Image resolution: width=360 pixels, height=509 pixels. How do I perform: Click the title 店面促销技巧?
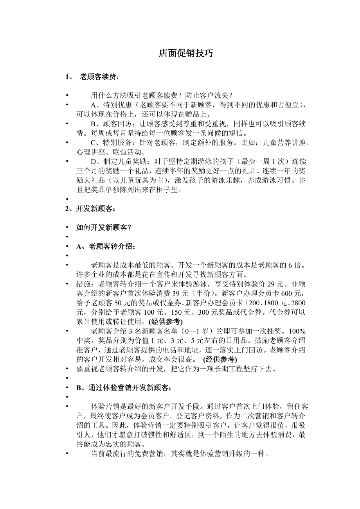185,54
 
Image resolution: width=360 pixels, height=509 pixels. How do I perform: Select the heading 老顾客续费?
97,77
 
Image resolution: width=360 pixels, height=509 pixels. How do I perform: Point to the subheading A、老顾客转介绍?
106,246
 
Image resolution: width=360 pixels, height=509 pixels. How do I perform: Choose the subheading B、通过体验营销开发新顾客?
123,388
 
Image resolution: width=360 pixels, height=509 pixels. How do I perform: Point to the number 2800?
298,303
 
